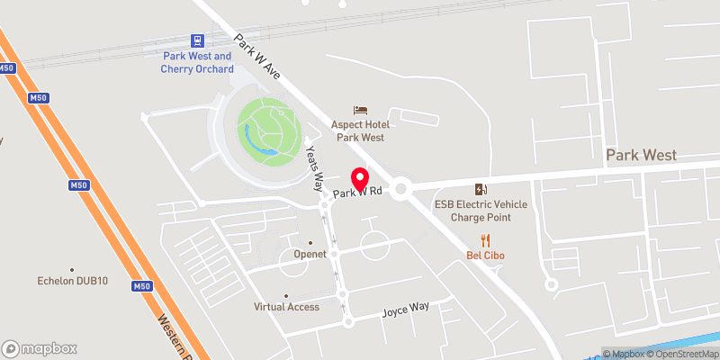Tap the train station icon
[x=197, y=40]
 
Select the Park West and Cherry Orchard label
[x=197, y=62]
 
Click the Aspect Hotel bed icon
[x=360, y=109]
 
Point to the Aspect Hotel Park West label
[x=360, y=130]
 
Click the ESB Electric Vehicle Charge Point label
[x=481, y=211]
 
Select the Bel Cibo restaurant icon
[x=486, y=239]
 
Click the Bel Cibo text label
[x=485, y=256]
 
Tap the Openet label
[x=310, y=255]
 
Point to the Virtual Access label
[x=286, y=307]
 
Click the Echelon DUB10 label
[x=73, y=281]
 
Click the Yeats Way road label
[x=314, y=168]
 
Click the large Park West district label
[x=641, y=155]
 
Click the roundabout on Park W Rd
[x=400, y=188]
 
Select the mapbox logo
[x=40, y=348]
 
